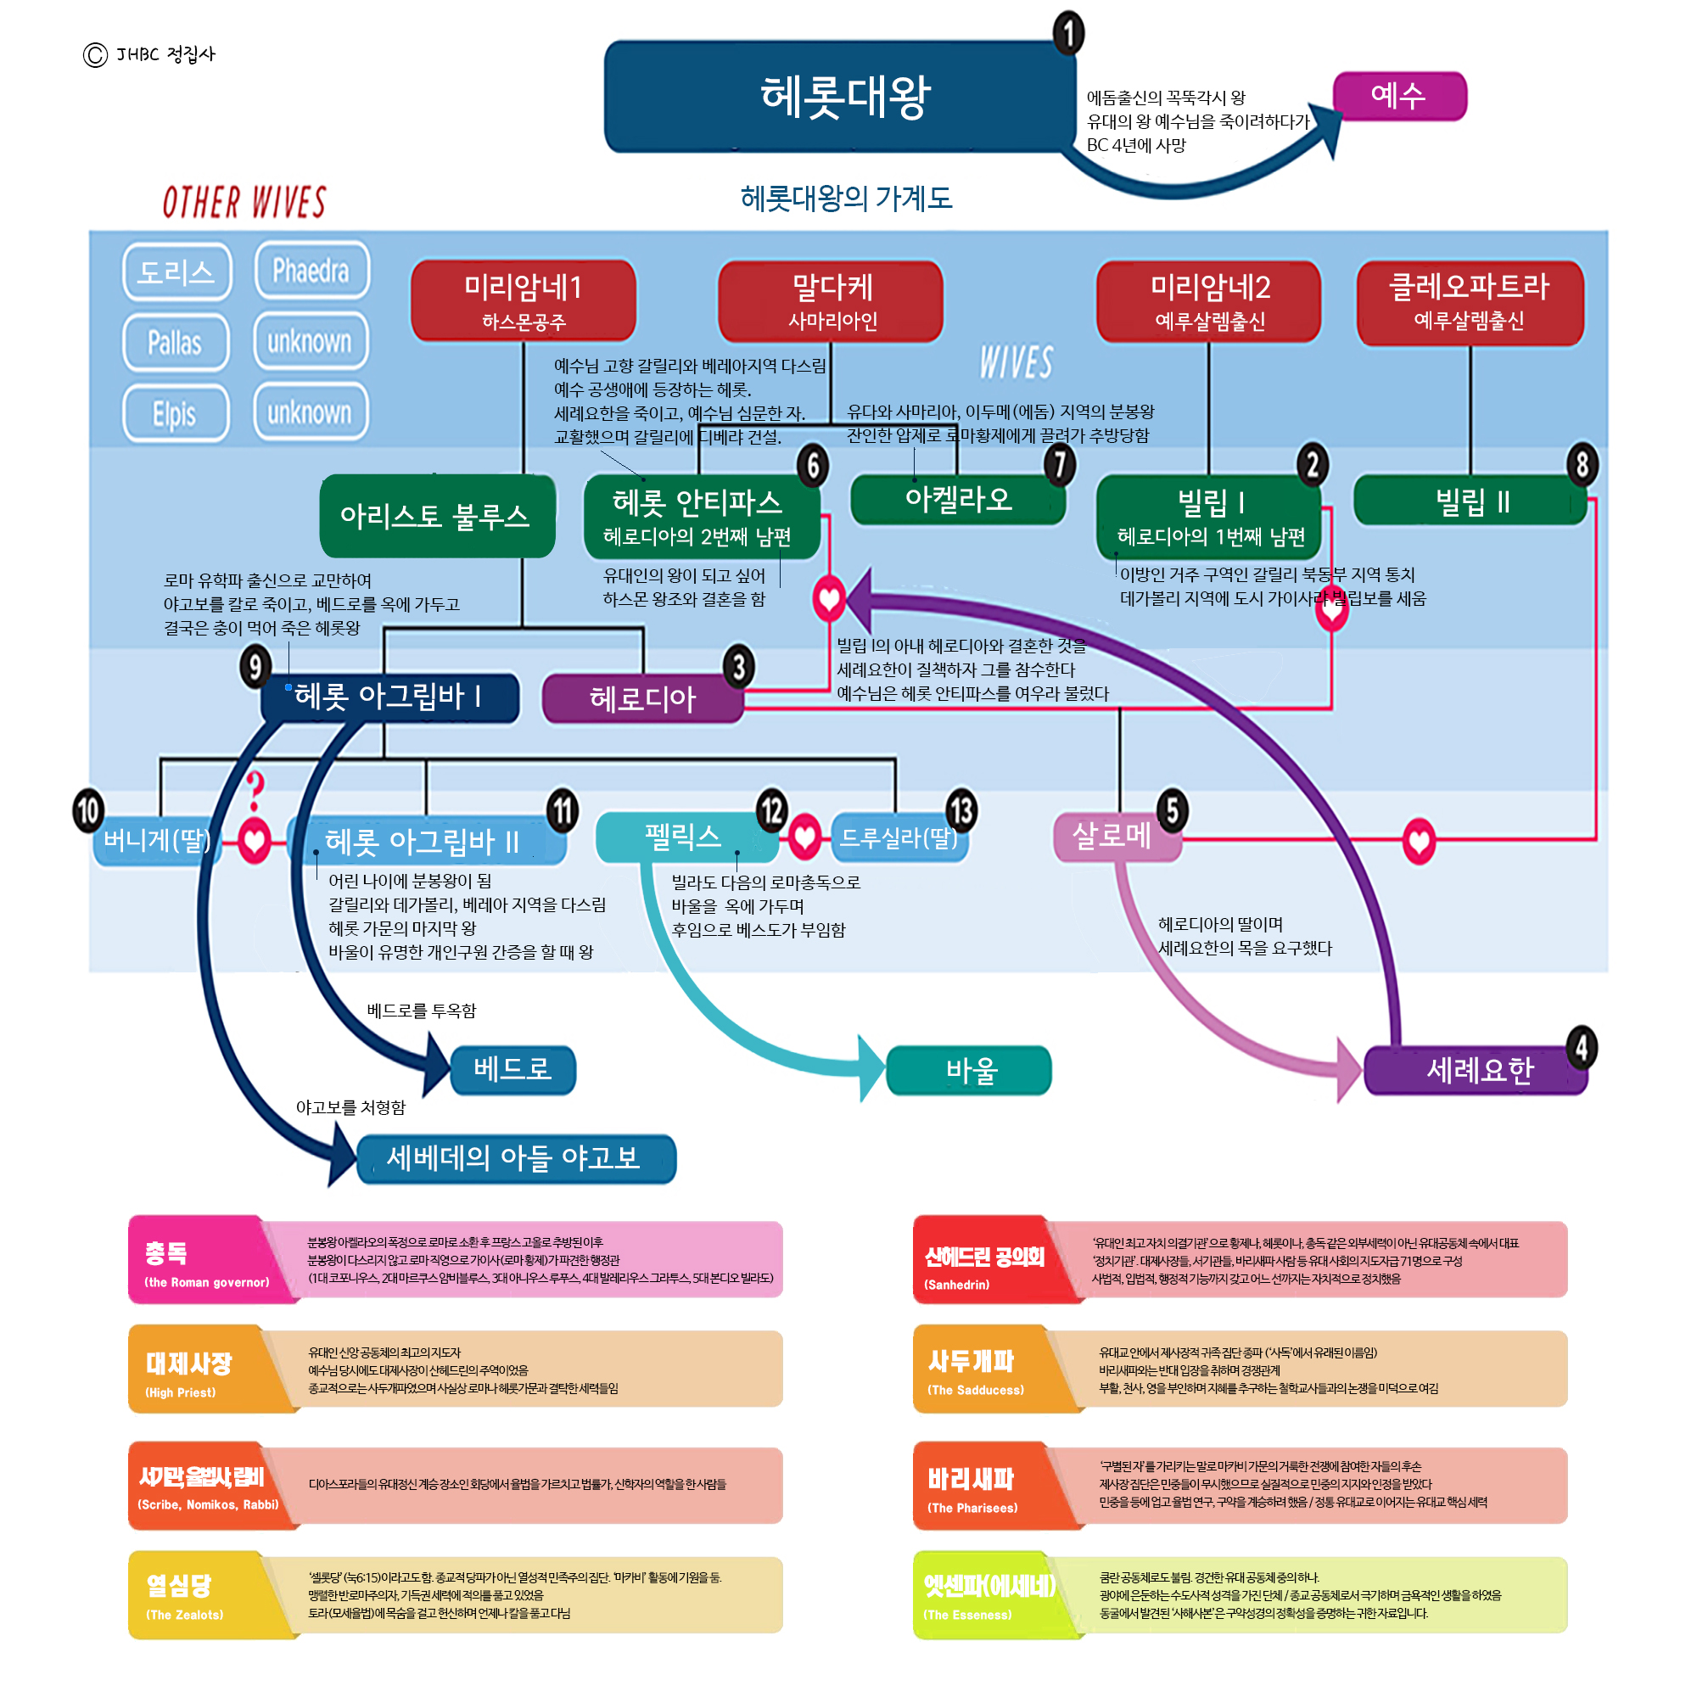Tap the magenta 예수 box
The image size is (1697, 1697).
pyautogui.click(x=1398, y=96)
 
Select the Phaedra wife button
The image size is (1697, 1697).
pyautogui.click(x=311, y=271)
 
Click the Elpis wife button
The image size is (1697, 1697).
pyautogui.click(x=176, y=413)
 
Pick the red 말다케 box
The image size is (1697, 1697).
pyautogui.click(x=830, y=301)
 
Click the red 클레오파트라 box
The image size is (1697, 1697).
pyautogui.click(x=1470, y=301)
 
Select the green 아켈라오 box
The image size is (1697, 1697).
pyautogui.click(x=957, y=501)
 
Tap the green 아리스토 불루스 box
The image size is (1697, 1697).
pyautogui.click(x=436, y=516)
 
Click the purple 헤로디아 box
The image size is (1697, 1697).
pyautogui.click(x=642, y=698)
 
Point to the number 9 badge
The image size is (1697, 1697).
pyautogui.click(x=255, y=667)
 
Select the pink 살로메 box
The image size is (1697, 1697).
pyautogui.click(x=1114, y=835)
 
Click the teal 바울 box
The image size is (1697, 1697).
pyautogui.click(x=969, y=1070)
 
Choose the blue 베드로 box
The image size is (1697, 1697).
pyautogui.click(x=513, y=1069)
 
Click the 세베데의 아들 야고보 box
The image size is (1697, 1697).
pyautogui.click(x=516, y=1158)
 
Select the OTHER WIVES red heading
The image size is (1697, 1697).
pyautogui.click(x=244, y=202)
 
